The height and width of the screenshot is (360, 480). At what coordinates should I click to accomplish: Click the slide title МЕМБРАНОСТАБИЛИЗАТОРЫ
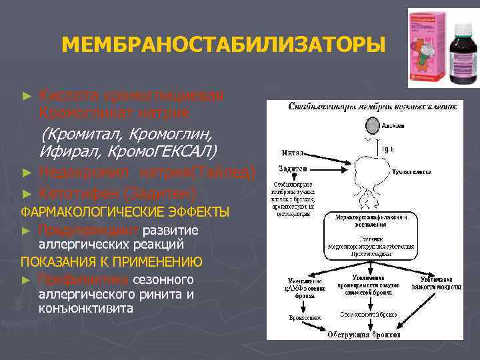click(223, 45)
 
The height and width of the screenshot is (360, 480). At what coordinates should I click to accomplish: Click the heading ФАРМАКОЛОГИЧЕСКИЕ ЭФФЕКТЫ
click(125, 213)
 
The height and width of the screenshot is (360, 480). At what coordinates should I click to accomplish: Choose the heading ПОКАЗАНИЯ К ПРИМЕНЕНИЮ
click(112, 261)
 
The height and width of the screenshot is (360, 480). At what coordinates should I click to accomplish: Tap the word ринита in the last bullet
click(161, 294)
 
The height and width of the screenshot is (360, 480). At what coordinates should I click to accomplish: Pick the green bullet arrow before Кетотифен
click(27, 194)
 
